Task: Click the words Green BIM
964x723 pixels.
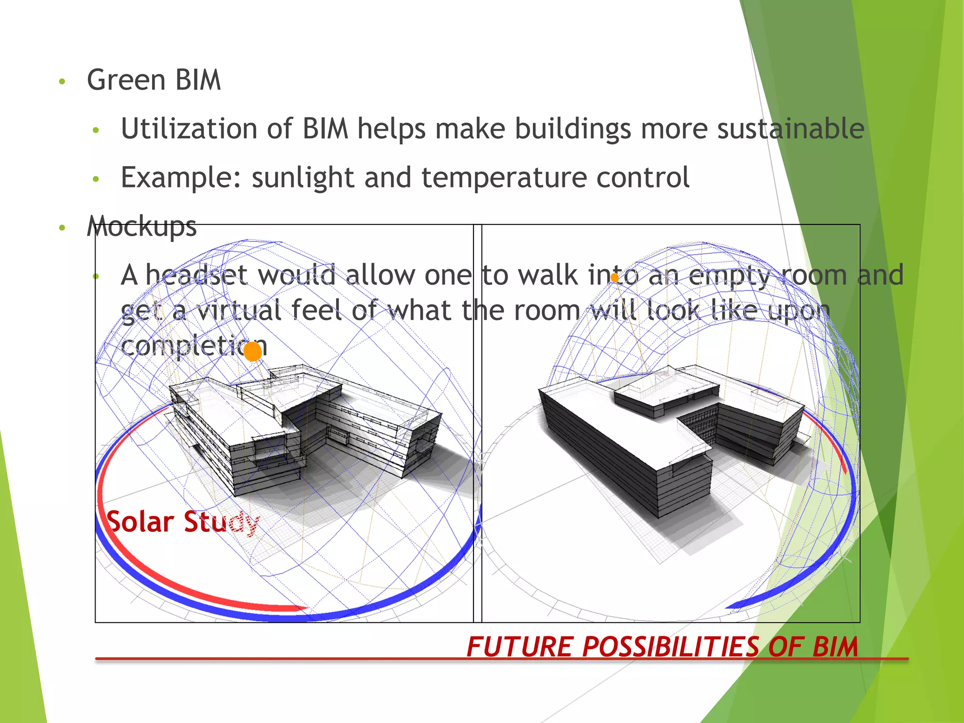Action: tap(153, 80)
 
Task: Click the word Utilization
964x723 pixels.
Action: tap(189, 129)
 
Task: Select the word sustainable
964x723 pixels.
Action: tap(790, 129)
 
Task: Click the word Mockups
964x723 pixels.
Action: tap(141, 227)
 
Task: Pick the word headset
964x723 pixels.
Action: tap(196, 275)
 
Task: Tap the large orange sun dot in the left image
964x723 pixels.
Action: tap(253, 351)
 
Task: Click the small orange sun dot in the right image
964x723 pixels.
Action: tap(614, 278)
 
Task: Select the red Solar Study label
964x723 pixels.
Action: tap(182, 522)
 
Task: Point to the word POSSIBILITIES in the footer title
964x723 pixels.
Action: tap(671, 647)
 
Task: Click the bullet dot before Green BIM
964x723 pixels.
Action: tap(62, 82)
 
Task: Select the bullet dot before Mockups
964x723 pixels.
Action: tap(62, 228)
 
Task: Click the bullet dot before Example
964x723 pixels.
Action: tap(96, 179)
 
